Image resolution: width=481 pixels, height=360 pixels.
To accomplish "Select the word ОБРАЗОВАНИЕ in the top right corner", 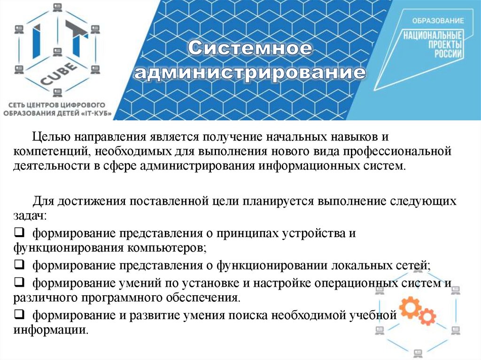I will point(438,21).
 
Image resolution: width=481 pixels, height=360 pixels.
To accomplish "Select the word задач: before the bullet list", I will point(30,216).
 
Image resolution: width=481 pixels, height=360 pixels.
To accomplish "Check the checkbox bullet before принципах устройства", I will point(19,232).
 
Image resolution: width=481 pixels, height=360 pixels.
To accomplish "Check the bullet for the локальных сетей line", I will point(19,265).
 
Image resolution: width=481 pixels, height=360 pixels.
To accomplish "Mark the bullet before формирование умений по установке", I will point(19,283).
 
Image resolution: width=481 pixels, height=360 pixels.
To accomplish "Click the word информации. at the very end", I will point(51,329).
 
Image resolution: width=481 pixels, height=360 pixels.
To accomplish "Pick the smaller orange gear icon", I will point(427,318).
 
